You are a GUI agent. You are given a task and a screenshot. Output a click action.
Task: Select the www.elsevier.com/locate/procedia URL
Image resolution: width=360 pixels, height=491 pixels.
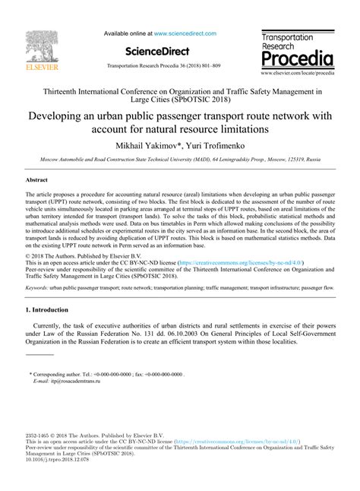(297, 74)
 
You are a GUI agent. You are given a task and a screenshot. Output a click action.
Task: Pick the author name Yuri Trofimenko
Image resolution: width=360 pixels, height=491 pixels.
(219, 144)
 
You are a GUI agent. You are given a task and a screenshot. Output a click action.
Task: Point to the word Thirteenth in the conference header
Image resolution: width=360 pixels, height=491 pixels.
(68, 90)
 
